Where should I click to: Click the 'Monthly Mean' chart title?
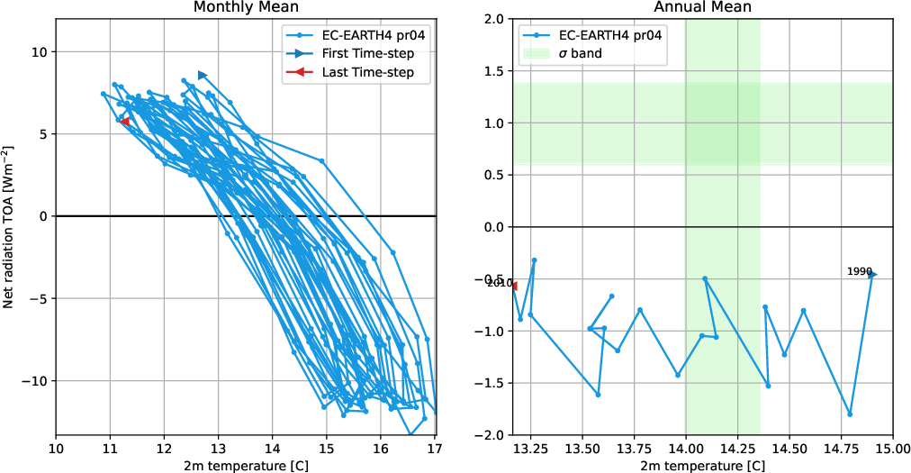coord(246,7)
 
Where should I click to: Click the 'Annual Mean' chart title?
coord(703,7)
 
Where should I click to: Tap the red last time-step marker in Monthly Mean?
coord(124,122)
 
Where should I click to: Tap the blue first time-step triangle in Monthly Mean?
coord(203,75)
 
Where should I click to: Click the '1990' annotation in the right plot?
coord(859,271)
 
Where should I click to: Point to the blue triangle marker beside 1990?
coord(872,275)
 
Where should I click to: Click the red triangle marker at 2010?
coord(514,286)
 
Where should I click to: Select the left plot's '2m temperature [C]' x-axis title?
coord(246,465)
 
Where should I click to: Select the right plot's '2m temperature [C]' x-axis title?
coord(703,465)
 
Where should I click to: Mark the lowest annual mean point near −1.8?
coord(850,414)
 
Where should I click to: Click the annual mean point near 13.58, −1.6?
coord(598,395)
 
